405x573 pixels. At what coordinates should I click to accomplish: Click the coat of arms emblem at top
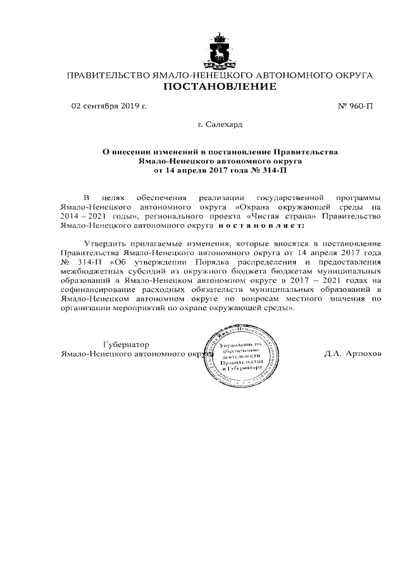click(x=220, y=51)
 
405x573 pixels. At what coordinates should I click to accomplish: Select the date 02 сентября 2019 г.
click(x=109, y=106)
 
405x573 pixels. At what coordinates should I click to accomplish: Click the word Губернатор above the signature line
click(x=127, y=344)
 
